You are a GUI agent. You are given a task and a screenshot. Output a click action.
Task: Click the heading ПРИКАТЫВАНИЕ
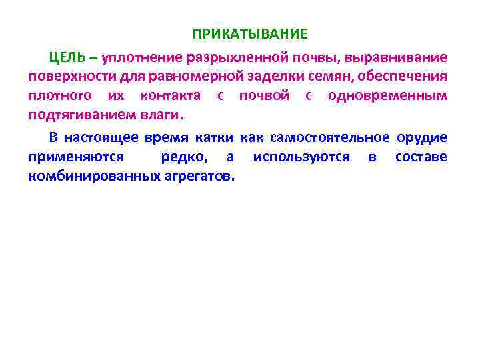pos(251,33)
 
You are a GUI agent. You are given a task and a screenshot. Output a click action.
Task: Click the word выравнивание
pos(403,57)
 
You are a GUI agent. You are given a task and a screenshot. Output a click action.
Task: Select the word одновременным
pos(388,95)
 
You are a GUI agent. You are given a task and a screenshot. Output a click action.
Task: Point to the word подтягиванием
pos(71,114)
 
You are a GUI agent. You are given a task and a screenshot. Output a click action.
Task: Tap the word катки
pos(215,138)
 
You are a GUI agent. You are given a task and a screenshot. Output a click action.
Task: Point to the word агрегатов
pos(198,177)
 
